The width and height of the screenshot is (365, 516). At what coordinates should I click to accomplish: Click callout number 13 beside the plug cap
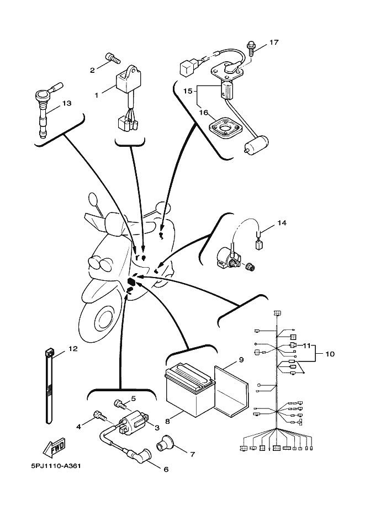pyautogui.click(x=67, y=103)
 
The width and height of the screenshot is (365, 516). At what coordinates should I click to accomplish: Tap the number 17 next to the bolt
pyautogui.click(x=274, y=42)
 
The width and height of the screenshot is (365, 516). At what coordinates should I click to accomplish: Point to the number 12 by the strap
pyautogui.click(x=73, y=349)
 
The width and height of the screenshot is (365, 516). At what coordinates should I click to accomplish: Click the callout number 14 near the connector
pyautogui.click(x=282, y=223)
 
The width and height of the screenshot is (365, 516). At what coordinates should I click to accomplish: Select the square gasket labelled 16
pyautogui.click(x=226, y=130)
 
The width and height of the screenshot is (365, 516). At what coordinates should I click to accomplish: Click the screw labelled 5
pyautogui.click(x=119, y=404)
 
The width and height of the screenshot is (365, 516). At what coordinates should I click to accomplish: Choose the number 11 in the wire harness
pyautogui.click(x=306, y=345)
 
